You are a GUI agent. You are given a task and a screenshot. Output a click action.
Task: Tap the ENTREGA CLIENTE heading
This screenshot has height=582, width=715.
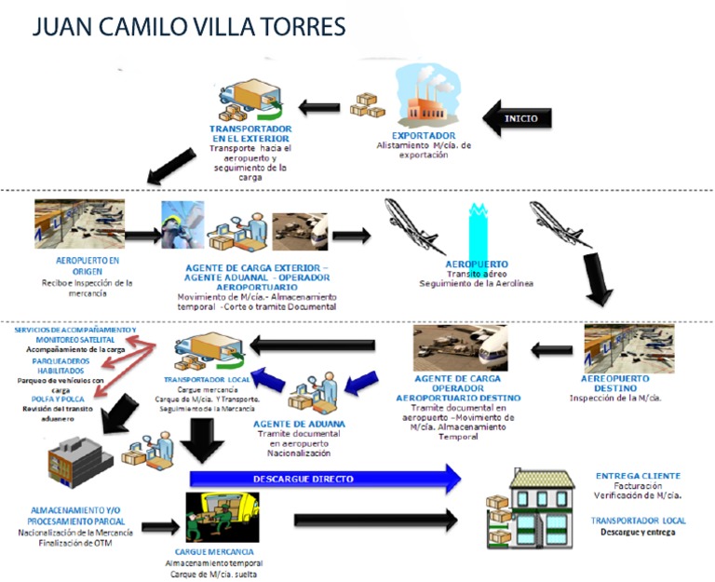tap(638, 476)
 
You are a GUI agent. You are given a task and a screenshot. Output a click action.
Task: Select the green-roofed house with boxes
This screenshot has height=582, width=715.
tap(532, 508)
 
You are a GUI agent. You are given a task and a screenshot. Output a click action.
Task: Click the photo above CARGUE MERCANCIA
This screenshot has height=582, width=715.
tap(223, 518)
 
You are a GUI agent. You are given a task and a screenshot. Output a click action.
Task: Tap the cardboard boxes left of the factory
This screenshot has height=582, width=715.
tap(368, 103)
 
